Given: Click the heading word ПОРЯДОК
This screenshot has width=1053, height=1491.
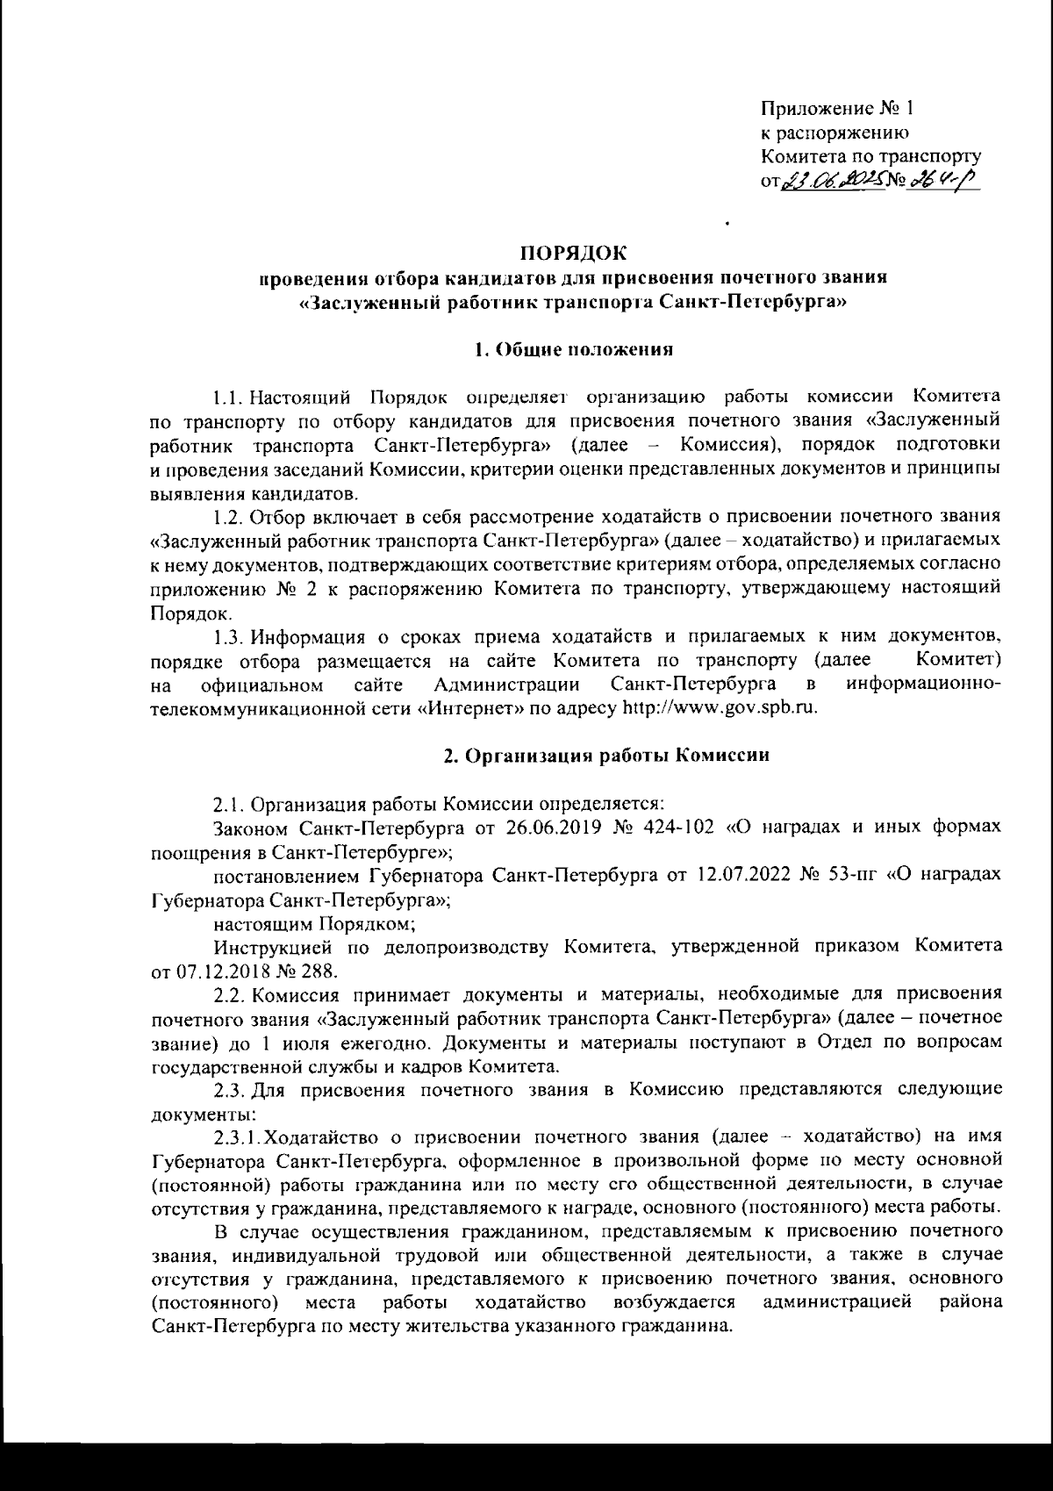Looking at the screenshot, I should pos(575,254).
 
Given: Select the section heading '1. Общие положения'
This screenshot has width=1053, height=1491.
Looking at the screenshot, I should pos(574,349).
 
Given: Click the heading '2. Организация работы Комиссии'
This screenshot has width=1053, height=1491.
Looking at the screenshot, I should pos(606,756).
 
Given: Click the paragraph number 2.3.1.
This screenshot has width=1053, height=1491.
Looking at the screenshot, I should pos(237,1138).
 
